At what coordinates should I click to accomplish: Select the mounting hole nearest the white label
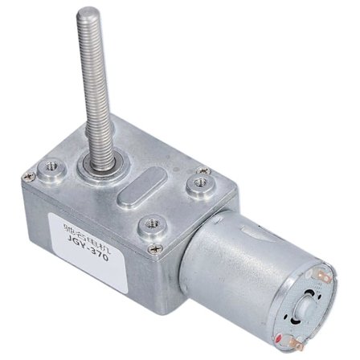pos(149,227)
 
